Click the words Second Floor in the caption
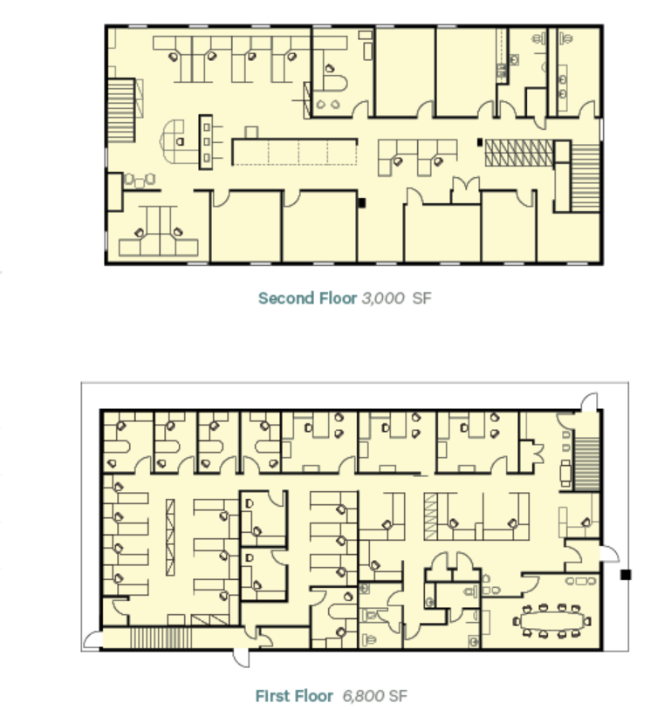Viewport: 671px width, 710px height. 307,298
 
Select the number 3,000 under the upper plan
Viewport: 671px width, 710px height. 383,298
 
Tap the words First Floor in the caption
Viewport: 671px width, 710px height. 294,696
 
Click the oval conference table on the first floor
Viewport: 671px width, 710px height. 552,621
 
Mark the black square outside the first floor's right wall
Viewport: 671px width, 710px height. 625,575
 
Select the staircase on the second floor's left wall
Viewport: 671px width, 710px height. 120,111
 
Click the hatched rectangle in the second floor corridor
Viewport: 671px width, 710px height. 515,152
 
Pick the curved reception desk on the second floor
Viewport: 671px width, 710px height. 179,142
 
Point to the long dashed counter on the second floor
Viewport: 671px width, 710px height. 294,151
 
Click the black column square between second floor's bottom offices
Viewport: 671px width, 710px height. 361,202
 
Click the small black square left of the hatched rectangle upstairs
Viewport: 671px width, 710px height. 478,141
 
